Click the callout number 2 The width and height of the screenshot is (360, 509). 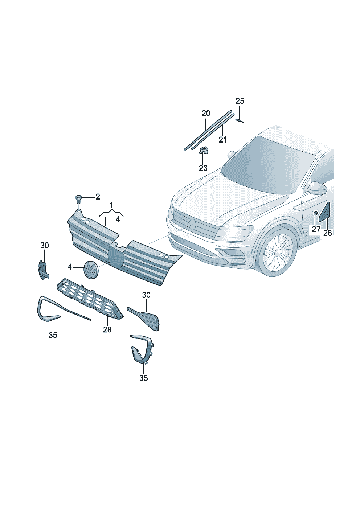click(98, 197)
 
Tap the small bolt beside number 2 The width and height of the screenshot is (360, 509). click(78, 199)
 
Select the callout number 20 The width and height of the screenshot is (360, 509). click(206, 113)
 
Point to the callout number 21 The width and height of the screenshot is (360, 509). click(222, 140)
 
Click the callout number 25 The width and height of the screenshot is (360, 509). click(240, 101)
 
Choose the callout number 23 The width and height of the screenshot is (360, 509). click(203, 168)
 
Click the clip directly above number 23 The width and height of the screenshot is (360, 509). click(204, 150)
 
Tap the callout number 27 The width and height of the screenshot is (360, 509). click(316, 229)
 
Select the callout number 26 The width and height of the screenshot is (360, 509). click(327, 233)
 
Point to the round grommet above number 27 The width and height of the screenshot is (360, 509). click(315, 213)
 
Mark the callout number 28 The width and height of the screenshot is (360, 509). click(107, 329)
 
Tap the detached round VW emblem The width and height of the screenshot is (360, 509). click(90, 270)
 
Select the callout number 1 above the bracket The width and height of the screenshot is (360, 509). click(111, 206)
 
